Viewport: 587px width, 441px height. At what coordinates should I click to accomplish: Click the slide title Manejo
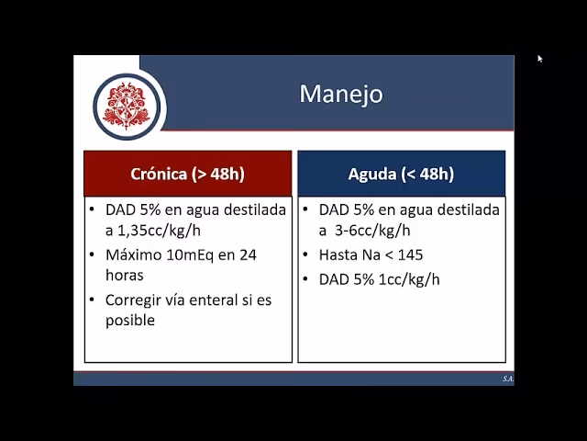[x=340, y=94]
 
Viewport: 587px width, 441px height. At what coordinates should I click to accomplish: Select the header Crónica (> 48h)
[x=188, y=174]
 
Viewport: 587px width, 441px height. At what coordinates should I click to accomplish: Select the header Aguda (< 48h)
[x=401, y=174]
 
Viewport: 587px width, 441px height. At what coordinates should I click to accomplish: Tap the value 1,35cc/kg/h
[x=153, y=231]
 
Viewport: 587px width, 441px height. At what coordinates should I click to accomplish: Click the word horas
[x=125, y=275]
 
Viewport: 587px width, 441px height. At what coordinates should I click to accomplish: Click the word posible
[x=130, y=320]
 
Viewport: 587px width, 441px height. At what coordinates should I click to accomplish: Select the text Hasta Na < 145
[x=371, y=254]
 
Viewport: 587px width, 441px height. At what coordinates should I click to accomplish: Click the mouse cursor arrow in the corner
[x=540, y=59]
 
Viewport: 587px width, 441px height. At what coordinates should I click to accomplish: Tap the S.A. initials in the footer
[x=507, y=379]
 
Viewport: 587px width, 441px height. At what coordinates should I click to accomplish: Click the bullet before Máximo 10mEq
[x=94, y=254]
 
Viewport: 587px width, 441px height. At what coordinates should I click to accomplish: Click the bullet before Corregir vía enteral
[x=94, y=300]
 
